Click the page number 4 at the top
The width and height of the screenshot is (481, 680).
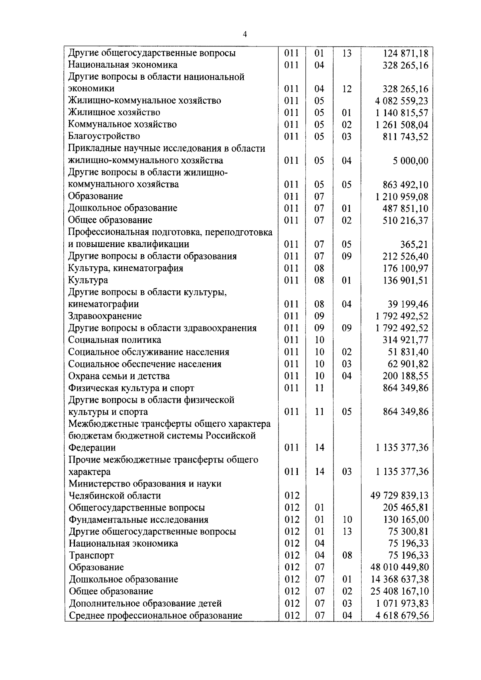coord(245,35)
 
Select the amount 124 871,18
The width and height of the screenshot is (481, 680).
coord(406,53)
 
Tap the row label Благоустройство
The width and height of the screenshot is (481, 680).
coord(104,137)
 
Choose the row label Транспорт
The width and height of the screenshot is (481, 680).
coord(91,555)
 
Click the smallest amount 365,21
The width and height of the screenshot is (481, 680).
coord(414,244)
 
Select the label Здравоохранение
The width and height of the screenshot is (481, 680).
coord(105,316)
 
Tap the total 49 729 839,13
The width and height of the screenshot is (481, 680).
coord(400,496)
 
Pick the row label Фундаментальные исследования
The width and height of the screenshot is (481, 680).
coord(139,520)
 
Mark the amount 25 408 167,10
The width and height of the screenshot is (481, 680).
coord(400,591)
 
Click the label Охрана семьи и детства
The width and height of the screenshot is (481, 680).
coord(119,376)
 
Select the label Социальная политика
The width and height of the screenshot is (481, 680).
coord(115,340)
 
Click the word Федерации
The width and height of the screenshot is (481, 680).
coord(92,448)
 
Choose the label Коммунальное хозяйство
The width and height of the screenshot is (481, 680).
coord(122,125)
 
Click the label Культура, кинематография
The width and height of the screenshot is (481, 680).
coord(125,268)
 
